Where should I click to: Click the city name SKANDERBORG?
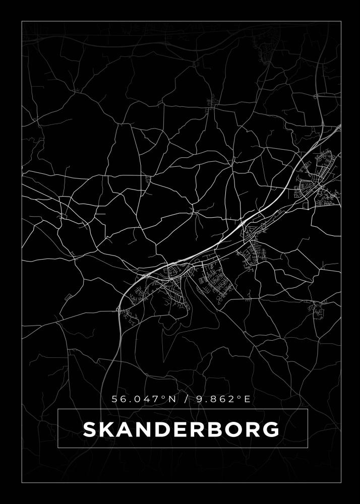[x=181, y=429]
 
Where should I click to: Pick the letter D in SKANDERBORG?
[x=164, y=429]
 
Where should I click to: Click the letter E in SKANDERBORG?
[x=181, y=429]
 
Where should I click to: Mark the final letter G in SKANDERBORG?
[x=271, y=429]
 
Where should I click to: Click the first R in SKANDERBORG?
[x=198, y=429]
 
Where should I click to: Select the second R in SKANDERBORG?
[x=253, y=429]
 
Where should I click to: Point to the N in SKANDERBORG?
[x=145, y=429]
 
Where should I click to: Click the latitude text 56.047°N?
[x=144, y=399]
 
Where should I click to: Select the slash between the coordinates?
[x=187, y=399]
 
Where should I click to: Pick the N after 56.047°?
[x=172, y=399]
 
